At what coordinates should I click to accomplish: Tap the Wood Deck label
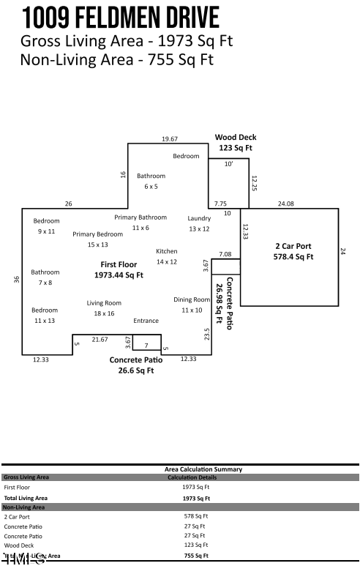pyautogui.click(x=235, y=138)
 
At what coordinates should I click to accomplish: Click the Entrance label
pyautogui.click(x=146, y=321)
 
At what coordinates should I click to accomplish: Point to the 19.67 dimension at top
pyautogui.click(x=170, y=139)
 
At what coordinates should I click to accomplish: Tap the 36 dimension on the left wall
pyautogui.click(x=16, y=280)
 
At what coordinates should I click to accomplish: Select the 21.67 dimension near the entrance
pyautogui.click(x=100, y=339)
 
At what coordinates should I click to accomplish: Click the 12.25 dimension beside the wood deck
pyautogui.click(x=254, y=183)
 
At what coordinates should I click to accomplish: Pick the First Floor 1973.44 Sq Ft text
pyautogui.click(x=119, y=269)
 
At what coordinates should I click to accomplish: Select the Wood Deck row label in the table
pyautogui.click(x=18, y=545)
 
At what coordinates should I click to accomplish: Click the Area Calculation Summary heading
pyautogui.click(x=203, y=469)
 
